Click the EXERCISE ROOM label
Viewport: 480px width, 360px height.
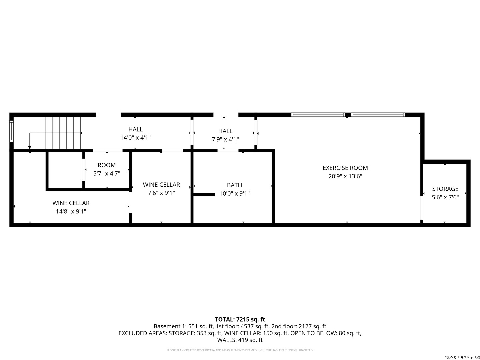tap(345, 168)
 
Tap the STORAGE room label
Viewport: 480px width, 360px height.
tap(445, 189)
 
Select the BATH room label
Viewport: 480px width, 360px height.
tap(234, 185)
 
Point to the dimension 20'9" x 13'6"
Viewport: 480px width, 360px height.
tap(345, 176)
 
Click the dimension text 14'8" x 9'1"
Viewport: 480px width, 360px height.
tap(71, 211)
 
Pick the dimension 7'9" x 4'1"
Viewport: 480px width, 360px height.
tap(225, 139)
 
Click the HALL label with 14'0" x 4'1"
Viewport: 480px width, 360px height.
tap(135, 129)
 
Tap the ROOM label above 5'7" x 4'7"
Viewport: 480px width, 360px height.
tap(107, 165)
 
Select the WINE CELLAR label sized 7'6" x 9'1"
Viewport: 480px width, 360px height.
tap(161, 185)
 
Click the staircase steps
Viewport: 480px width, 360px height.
tap(63, 133)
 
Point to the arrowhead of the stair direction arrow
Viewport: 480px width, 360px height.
tap(30, 147)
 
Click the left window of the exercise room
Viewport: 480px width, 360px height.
tap(318, 115)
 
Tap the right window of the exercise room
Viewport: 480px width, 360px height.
tap(378, 115)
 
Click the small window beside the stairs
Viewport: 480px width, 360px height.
tap(11, 131)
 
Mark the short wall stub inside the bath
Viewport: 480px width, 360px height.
tap(204, 194)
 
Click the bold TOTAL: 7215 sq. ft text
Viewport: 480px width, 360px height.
tap(240, 319)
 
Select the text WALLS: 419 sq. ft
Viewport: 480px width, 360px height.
tap(240, 340)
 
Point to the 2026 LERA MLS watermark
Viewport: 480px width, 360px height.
tap(462, 357)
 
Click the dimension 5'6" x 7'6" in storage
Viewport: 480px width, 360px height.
tap(445, 197)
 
